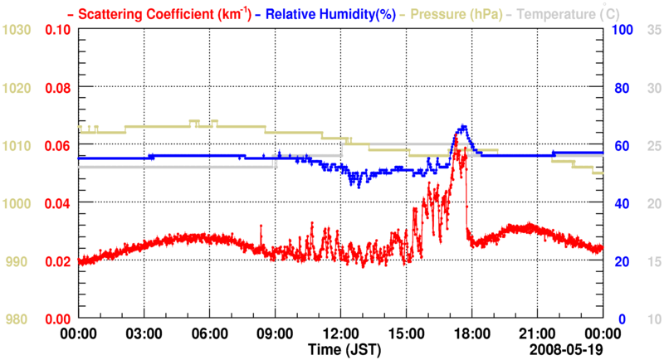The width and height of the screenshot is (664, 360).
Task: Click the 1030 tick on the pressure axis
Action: point(17,30)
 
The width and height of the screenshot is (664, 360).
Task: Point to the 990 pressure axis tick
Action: point(17,261)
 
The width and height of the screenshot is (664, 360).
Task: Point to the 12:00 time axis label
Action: point(341,333)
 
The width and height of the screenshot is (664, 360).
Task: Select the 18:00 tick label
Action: point(472,333)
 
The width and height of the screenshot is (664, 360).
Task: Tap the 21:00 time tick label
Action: point(538,333)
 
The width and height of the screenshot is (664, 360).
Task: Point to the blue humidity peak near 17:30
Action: point(462,127)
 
